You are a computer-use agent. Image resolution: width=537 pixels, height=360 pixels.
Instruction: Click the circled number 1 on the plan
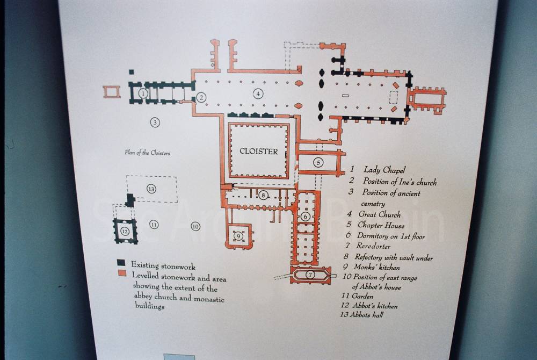143,93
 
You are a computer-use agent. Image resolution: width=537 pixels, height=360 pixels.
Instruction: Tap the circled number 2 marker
201,97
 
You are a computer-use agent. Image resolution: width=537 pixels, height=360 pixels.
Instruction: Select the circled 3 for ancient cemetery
155,122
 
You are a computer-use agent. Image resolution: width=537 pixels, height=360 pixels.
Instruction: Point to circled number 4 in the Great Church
258,93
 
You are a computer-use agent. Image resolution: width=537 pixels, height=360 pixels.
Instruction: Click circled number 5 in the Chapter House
318,162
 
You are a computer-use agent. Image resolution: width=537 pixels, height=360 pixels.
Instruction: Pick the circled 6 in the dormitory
305,217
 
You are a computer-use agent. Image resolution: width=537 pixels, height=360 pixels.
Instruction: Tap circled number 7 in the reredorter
310,275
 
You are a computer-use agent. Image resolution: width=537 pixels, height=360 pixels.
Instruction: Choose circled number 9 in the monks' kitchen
238,236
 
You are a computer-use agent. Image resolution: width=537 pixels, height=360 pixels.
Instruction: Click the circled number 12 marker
125,232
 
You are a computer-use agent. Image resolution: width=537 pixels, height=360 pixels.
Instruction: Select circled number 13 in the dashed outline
151,189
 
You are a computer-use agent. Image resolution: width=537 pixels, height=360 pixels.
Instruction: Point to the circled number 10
195,226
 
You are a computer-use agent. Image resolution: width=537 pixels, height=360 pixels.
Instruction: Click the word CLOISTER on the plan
259,151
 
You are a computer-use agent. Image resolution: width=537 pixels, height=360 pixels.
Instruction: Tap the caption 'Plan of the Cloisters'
147,153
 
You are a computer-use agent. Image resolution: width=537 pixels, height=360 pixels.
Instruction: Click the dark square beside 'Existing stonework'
121,263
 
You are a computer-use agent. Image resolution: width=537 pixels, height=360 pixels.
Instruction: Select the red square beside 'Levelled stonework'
122,273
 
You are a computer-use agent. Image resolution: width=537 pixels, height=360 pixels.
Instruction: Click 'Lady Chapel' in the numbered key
384,170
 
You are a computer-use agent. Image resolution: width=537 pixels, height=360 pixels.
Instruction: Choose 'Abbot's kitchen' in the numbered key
375,306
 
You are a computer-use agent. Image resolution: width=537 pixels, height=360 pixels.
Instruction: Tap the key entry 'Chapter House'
381,225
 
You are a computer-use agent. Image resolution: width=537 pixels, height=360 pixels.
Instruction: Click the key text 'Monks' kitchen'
377,267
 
